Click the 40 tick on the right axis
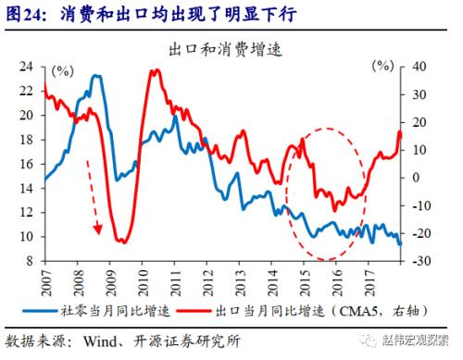[419, 68]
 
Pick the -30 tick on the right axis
[421, 261]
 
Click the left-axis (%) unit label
[63, 70]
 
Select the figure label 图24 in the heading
[23, 12]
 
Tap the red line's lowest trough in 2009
[121, 242]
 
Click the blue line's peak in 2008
[96, 76]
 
